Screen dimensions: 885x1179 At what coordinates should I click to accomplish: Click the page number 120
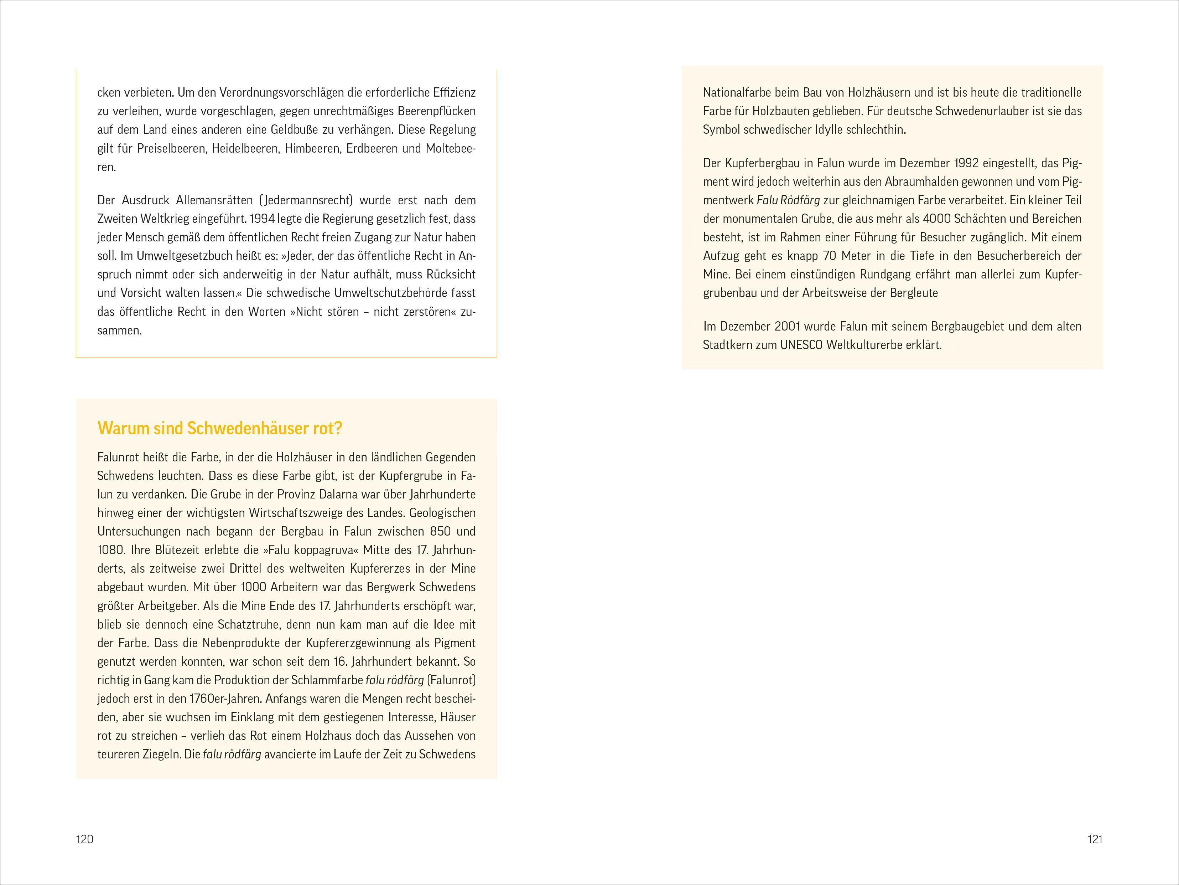click(85, 839)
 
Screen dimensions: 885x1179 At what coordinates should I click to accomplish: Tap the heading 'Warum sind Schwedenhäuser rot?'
click(220, 428)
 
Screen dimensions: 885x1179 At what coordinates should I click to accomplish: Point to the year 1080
click(110, 550)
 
